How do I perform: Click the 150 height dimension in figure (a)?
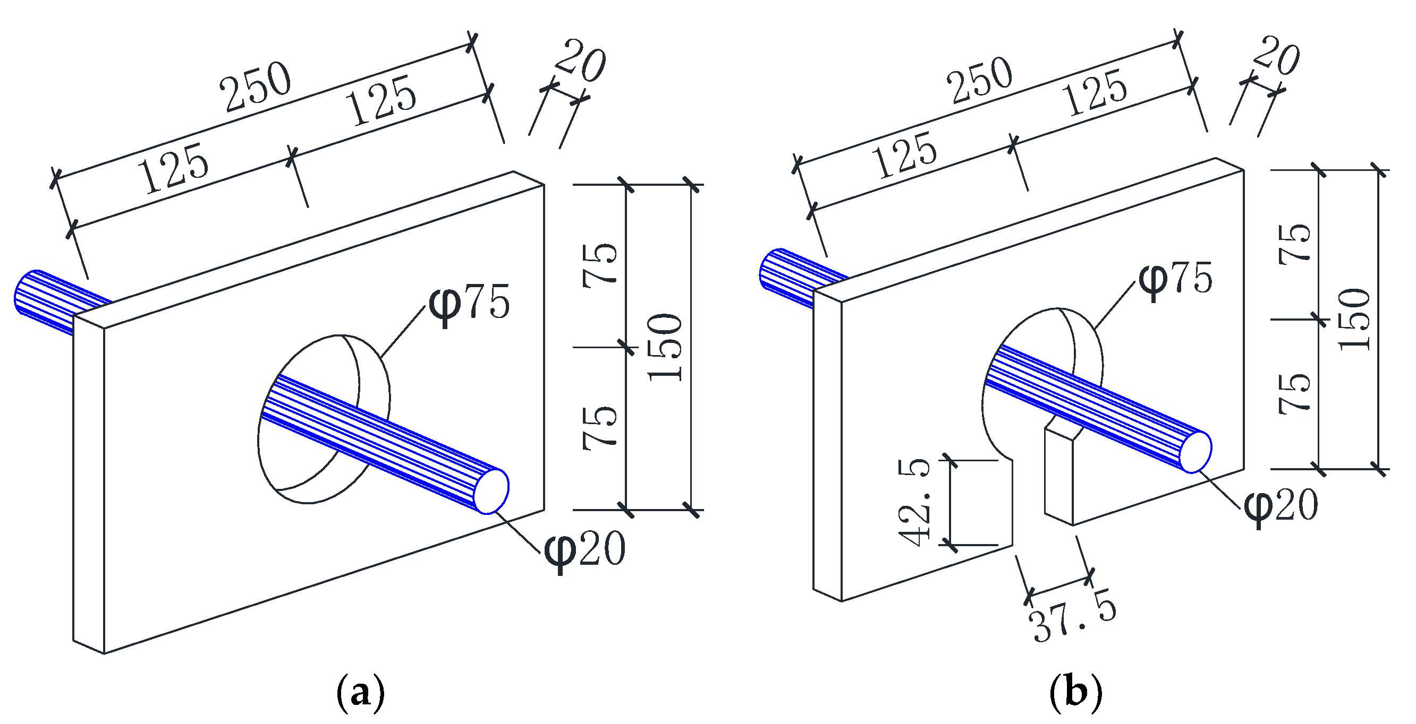(665, 347)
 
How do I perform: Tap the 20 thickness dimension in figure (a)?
(580, 61)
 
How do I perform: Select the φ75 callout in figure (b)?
(1175, 279)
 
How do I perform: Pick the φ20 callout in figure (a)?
(584, 549)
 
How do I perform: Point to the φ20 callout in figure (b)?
(1281, 505)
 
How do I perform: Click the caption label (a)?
(360, 693)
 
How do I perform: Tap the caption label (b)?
(1076, 693)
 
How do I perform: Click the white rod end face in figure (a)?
(491, 490)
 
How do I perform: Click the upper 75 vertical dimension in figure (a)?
(600, 265)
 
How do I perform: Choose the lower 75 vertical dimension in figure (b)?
(1294, 393)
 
